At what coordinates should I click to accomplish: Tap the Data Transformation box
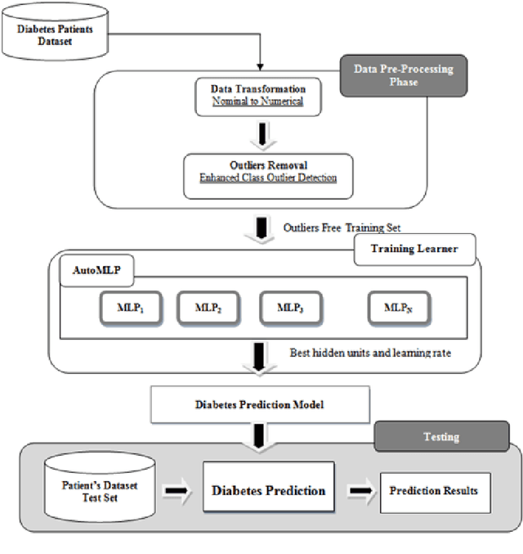pyautogui.click(x=259, y=96)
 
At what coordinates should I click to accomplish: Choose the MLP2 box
pyautogui.click(x=209, y=308)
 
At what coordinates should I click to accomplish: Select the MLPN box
pyautogui.click(x=398, y=308)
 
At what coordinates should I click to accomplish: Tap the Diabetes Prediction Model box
pyautogui.click(x=260, y=404)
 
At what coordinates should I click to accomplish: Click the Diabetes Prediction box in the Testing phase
pyautogui.click(x=268, y=490)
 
